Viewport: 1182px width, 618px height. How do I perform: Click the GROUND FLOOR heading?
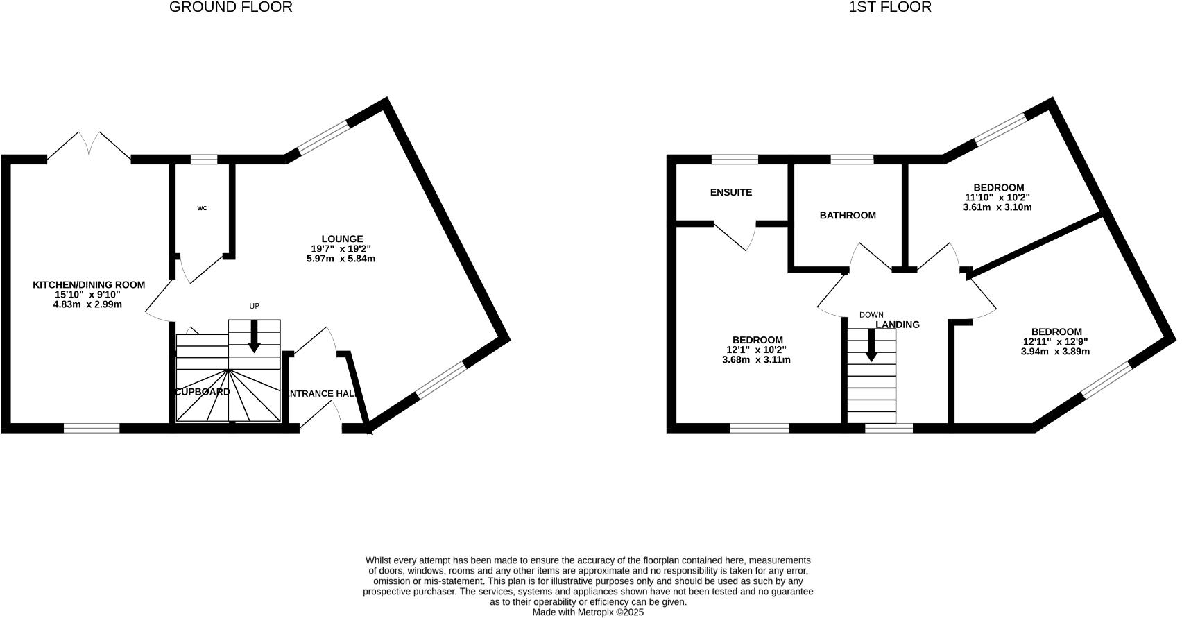click(231, 8)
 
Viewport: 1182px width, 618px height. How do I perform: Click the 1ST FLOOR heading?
click(890, 8)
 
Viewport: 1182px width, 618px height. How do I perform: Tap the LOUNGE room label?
click(341, 239)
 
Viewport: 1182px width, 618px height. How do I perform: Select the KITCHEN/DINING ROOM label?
click(89, 285)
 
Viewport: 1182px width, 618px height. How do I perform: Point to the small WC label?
click(202, 208)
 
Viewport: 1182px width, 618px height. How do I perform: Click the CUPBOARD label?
click(202, 392)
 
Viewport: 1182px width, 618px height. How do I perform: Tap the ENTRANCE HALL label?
click(322, 394)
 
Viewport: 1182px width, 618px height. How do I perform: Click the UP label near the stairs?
click(255, 306)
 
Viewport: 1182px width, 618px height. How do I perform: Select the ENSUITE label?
click(731, 193)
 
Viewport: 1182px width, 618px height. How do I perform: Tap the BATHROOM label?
click(848, 216)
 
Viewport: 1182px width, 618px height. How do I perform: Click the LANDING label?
click(898, 325)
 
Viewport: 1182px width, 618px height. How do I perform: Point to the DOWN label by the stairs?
click(871, 315)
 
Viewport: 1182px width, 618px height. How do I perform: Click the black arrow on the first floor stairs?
click(871, 345)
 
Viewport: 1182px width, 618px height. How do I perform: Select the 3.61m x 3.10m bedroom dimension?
click(998, 207)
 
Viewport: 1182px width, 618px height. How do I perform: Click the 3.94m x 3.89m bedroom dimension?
click(1055, 352)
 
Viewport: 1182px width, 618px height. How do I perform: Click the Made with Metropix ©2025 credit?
click(588, 612)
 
